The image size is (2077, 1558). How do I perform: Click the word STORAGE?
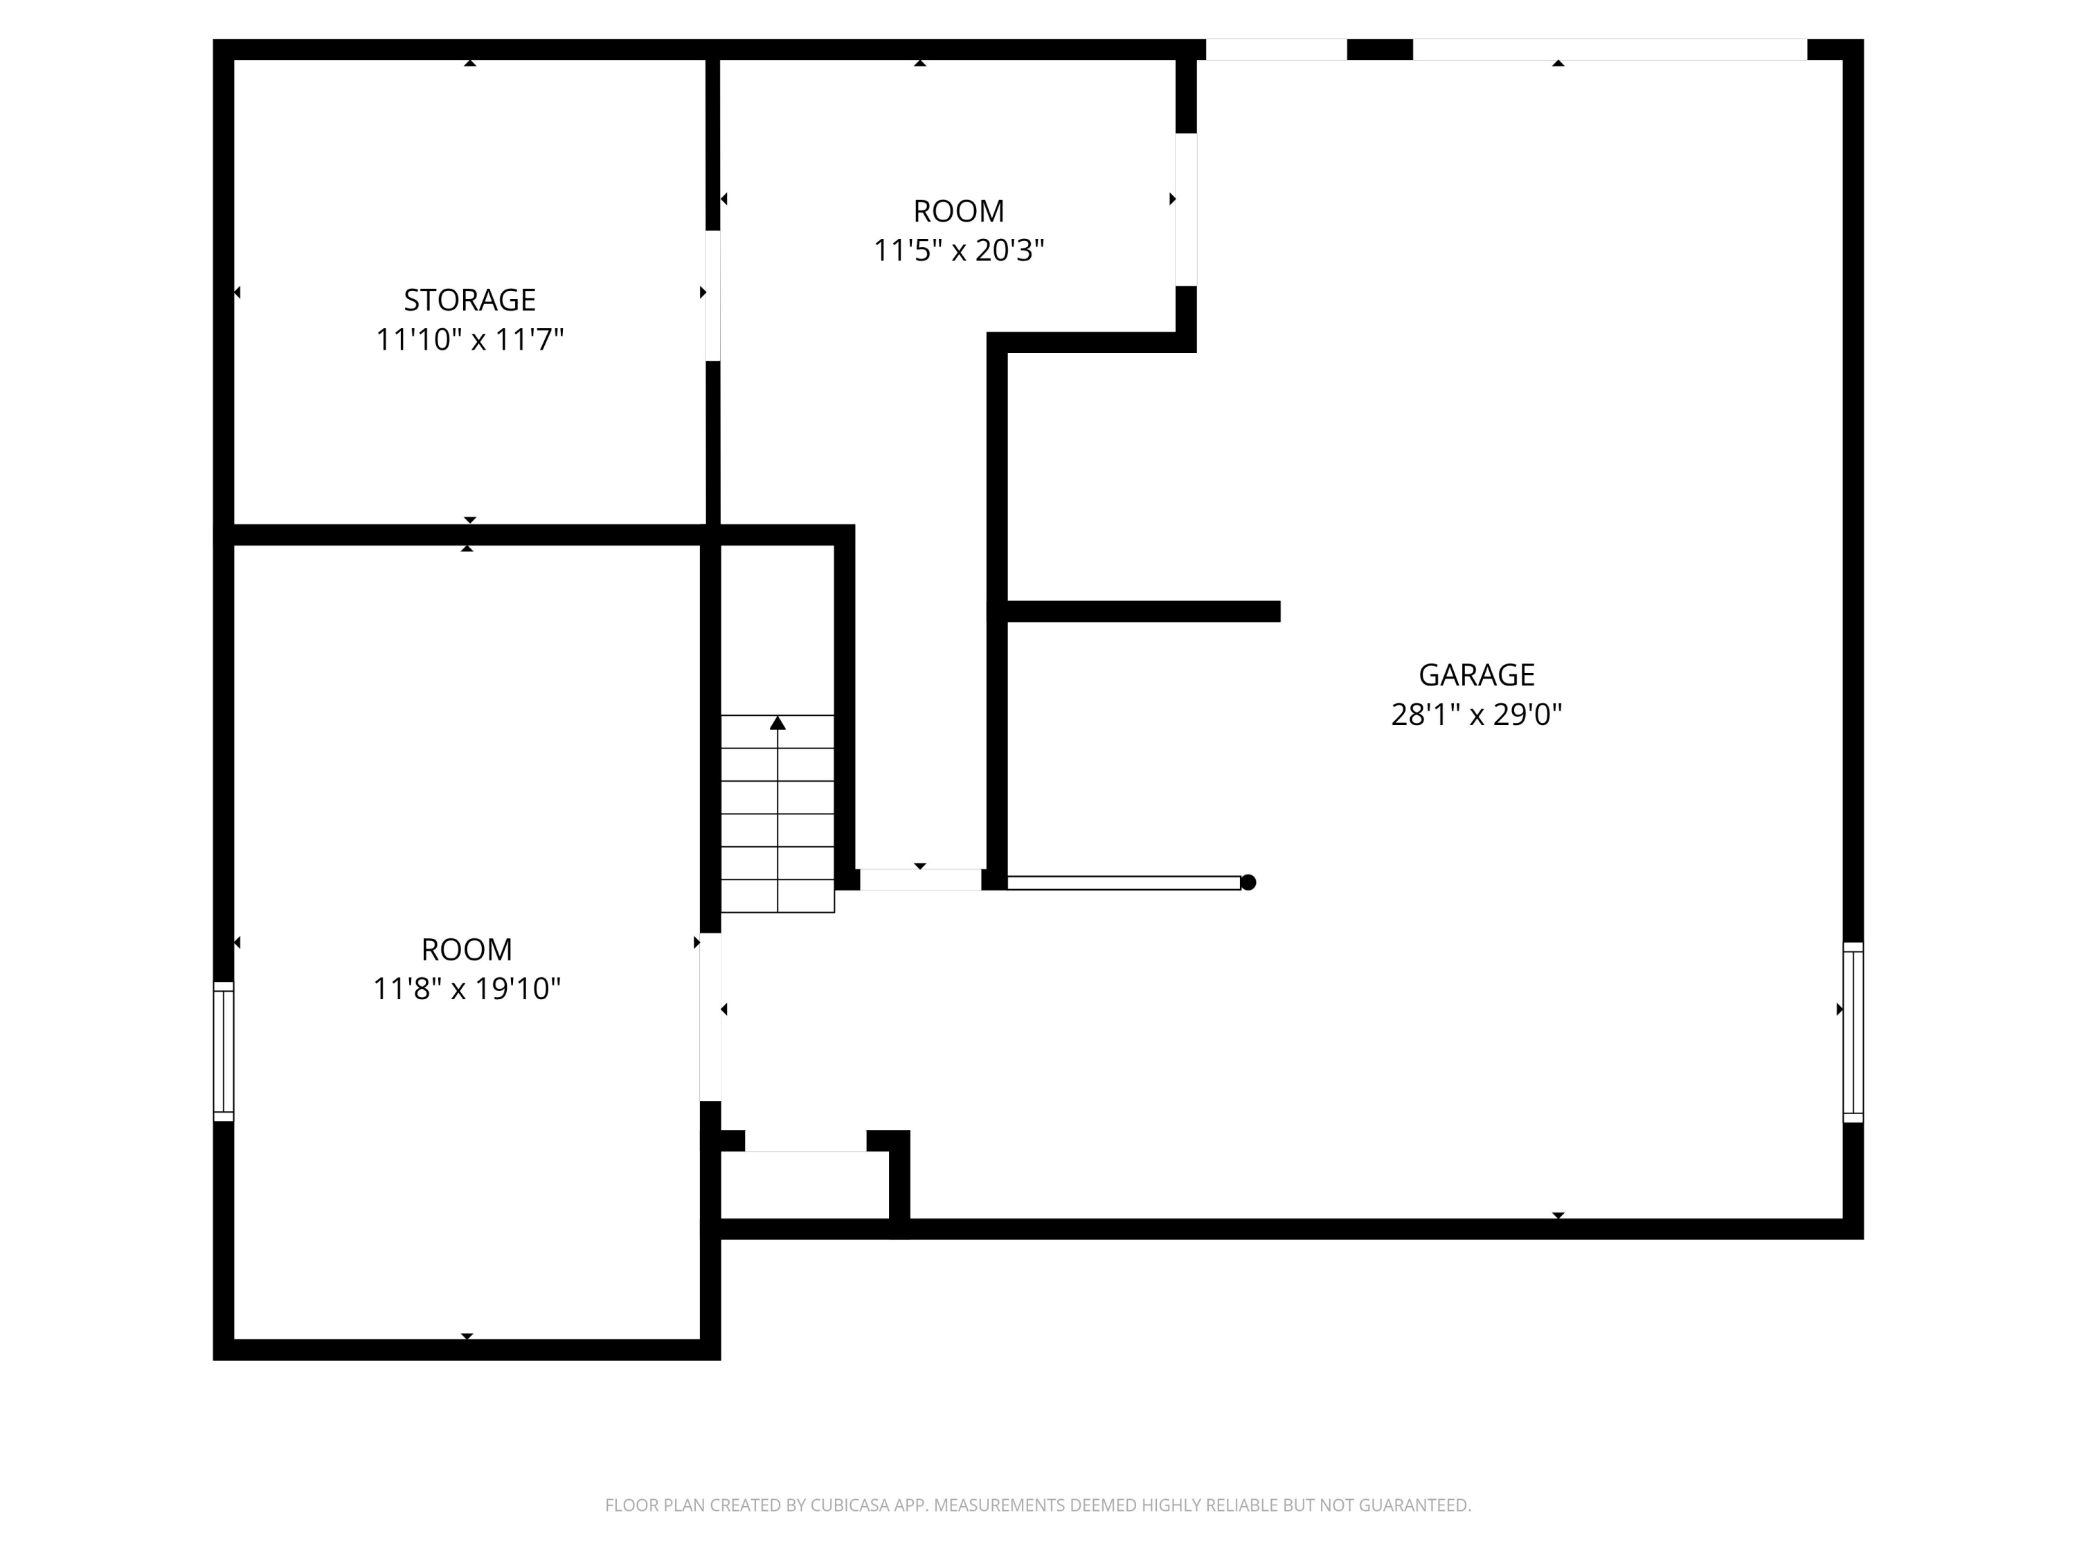pos(469,300)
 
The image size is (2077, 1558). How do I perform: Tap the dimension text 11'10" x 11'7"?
pos(469,339)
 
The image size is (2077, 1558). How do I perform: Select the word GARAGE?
pos(1476,674)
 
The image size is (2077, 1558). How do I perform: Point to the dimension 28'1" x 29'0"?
pos(1476,715)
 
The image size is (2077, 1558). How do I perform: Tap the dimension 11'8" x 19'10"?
pos(467,989)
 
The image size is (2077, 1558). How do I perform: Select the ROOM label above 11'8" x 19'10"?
pos(467,949)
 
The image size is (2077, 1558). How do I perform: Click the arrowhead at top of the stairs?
pos(777,722)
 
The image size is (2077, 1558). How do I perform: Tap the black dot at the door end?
pos(1248,882)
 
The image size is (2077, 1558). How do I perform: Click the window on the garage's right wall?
pos(1853,1032)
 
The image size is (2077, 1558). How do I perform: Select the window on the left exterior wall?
pos(224,1051)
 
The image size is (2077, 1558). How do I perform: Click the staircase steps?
pos(777,814)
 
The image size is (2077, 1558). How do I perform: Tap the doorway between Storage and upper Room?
pos(712,295)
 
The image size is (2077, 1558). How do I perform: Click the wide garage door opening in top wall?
pos(1610,50)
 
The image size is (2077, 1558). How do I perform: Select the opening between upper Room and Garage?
pos(1186,209)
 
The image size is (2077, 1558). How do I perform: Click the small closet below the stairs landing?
pos(804,1185)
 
